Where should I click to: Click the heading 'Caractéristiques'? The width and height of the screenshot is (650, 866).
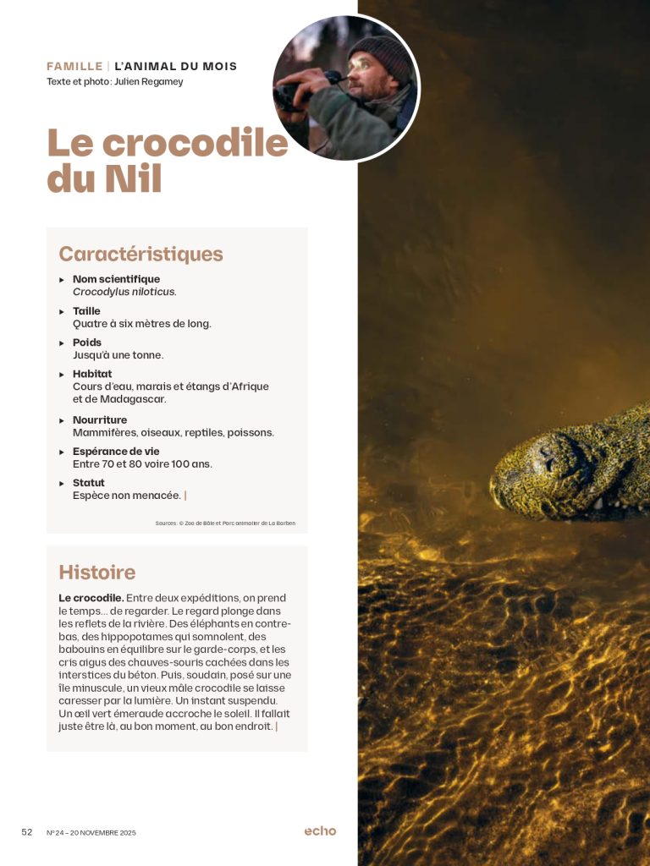(x=140, y=254)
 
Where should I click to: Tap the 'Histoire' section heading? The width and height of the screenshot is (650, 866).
(x=96, y=572)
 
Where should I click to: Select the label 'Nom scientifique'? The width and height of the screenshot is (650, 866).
(x=116, y=279)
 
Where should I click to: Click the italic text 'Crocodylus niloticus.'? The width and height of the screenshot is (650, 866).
(x=124, y=292)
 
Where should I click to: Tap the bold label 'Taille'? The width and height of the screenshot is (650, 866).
(x=86, y=311)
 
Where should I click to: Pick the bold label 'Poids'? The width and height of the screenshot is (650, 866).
(x=87, y=343)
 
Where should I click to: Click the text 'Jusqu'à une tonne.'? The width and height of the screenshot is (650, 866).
(x=118, y=355)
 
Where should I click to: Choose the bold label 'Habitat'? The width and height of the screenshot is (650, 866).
(x=92, y=374)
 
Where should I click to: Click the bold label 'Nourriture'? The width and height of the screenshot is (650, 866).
(x=100, y=419)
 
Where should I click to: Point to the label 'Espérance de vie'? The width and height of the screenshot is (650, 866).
(x=116, y=452)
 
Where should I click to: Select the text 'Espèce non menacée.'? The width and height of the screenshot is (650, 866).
(x=127, y=496)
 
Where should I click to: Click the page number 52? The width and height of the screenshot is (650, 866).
(x=27, y=832)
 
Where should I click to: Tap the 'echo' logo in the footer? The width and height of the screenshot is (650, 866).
(x=320, y=831)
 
